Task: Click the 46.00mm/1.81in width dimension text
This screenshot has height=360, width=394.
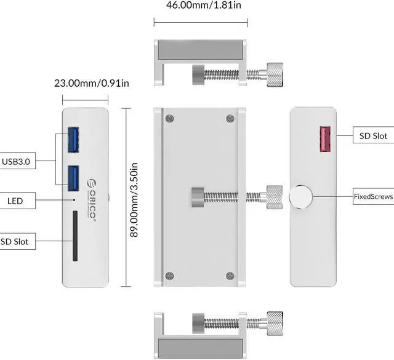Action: (x=199, y=7)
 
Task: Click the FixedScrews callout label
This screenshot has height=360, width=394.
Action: (x=373, y=197)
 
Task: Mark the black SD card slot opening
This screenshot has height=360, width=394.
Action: (x=75, y=236)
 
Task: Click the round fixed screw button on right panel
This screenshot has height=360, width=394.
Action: (x=300, y=197)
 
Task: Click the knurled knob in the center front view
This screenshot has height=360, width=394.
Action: (x=271, y=197)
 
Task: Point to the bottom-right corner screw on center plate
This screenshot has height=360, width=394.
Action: (x=230, y=276)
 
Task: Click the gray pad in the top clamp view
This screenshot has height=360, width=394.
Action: (x=198, y=49)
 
